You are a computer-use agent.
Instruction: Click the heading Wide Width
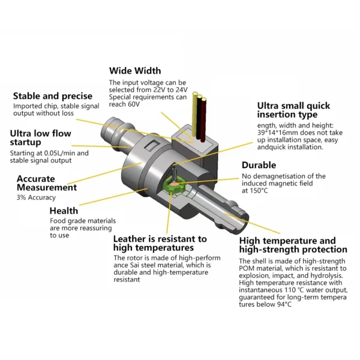134,71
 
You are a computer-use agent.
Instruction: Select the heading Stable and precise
53,96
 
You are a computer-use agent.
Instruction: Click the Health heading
64,211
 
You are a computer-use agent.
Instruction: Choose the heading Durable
259,165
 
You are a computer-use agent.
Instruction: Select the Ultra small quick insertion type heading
293,110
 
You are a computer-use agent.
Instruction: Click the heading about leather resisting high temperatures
160,243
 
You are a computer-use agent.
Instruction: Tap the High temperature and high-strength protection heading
293,245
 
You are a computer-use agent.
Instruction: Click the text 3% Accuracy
36,197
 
